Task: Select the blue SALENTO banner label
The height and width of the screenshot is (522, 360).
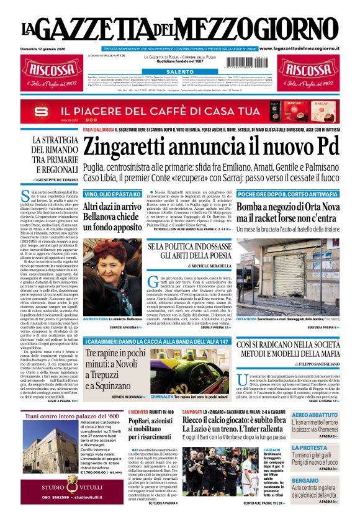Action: pos(180,72)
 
